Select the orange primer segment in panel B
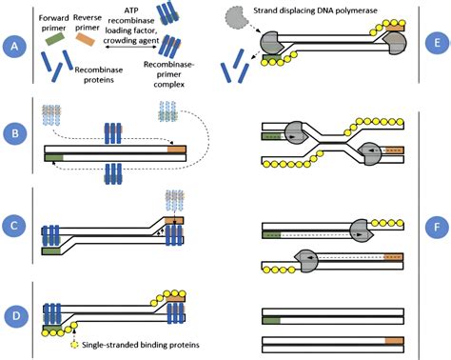[x=176, y=149]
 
